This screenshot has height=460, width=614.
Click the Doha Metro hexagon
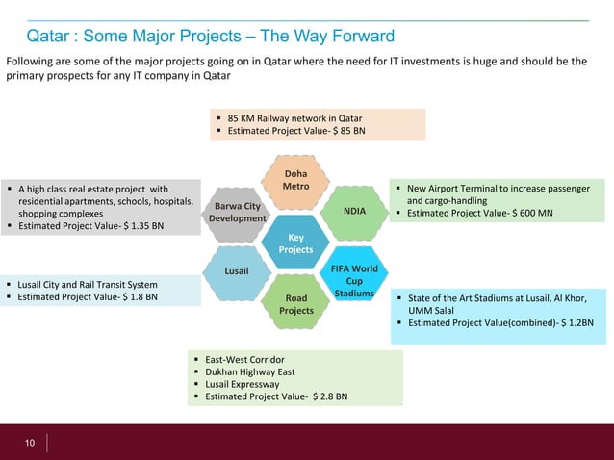point(295,179)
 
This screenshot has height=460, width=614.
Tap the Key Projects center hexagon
point(295,243)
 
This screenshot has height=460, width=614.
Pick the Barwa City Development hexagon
point(238,212)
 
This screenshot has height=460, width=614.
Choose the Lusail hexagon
point(238,272)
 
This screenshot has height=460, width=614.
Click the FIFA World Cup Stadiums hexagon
point(353,274)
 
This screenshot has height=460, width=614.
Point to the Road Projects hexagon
point(295,304)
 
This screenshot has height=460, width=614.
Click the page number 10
point(30,443)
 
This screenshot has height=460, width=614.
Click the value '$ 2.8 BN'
point(330,396)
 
